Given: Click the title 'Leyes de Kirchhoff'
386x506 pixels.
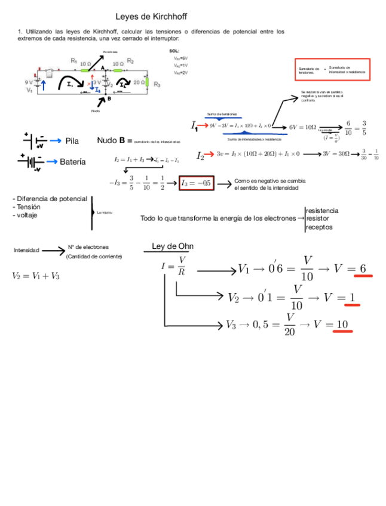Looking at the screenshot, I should coord(151,17).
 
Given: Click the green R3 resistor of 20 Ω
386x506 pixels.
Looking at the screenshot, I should coord(148,82).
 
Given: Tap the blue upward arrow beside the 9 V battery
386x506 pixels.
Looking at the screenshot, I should coord(44,84).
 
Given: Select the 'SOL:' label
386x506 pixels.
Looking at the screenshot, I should coord(174,51).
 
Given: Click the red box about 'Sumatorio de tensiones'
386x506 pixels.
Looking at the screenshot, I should coord(332,70).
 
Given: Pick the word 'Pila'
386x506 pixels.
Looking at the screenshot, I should coord(72,141).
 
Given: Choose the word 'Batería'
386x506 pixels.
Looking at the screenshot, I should coord(73,162).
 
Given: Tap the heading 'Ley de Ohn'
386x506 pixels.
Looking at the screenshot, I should coord(173,246).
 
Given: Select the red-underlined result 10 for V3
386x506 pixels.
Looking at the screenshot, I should coord(343,324).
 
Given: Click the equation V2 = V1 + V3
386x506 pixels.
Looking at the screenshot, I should coord(35,276).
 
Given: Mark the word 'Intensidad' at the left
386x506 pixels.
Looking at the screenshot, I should coord(26,251).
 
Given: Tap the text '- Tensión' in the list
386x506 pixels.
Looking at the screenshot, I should coord(27,206).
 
